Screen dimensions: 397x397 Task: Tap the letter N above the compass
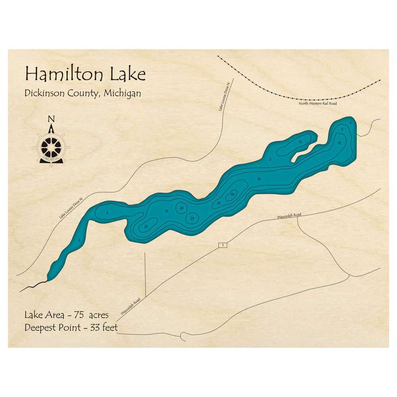click(x=51, y=119)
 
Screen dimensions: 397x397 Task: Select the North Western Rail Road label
click(x=318, y=104)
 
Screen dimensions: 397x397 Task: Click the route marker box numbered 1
click(x=223, y=245)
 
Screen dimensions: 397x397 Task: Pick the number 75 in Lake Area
click(x=77, y=315)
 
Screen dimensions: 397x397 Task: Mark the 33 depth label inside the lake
click(x=233, y=194)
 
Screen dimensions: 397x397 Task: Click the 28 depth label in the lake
click(x=181, y=208)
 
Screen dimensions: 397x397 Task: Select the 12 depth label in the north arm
click(x=301, y=142)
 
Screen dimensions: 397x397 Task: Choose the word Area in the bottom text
click(x=54, y=315)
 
